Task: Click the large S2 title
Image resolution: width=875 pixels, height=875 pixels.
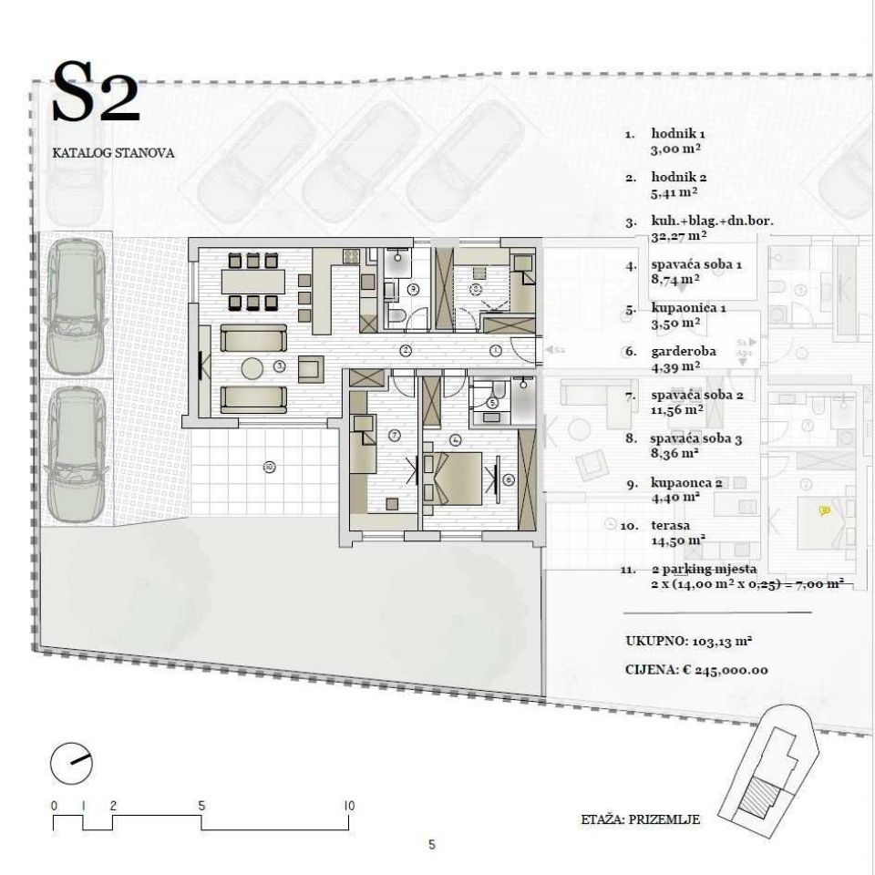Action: [x=96, y=92]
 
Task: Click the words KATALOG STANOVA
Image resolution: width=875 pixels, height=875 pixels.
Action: [x=113, y=153]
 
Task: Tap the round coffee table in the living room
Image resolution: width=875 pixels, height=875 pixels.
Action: [x=252, y=368]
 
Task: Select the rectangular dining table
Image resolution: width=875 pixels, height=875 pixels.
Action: [x=252, y=282]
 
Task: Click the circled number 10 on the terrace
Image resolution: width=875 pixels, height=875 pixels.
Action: [x=269, y=466]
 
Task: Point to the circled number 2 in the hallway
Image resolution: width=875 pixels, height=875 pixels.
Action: [x=407, y=351]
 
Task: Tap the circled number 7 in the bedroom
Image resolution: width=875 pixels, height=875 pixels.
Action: [x=395, y=435]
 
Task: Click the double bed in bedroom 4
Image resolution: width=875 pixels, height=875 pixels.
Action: [x=453, y=479]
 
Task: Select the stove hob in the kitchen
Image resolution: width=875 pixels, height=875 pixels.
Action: [x=351, y=256]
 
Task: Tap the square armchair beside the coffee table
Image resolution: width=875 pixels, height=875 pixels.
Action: [x=311, y=369]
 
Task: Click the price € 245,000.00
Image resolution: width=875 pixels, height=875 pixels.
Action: [x=725, y=670]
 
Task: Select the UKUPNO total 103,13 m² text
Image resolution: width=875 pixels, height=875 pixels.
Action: [x=689, y=641]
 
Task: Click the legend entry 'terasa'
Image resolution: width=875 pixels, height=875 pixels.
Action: [x=670, y=526]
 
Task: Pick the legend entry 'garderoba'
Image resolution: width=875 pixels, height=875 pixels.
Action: [x=683, y=352]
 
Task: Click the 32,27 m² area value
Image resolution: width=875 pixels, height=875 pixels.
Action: [x=678, y=236]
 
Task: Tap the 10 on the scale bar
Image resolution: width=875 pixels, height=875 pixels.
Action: [x=349, y=806]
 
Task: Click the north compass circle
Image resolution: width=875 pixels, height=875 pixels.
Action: [x=71, y=764]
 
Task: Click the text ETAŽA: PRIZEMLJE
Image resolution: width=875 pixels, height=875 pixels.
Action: [x=640, y=819]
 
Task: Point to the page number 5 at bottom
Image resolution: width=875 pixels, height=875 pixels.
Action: [x=432, y=845]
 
